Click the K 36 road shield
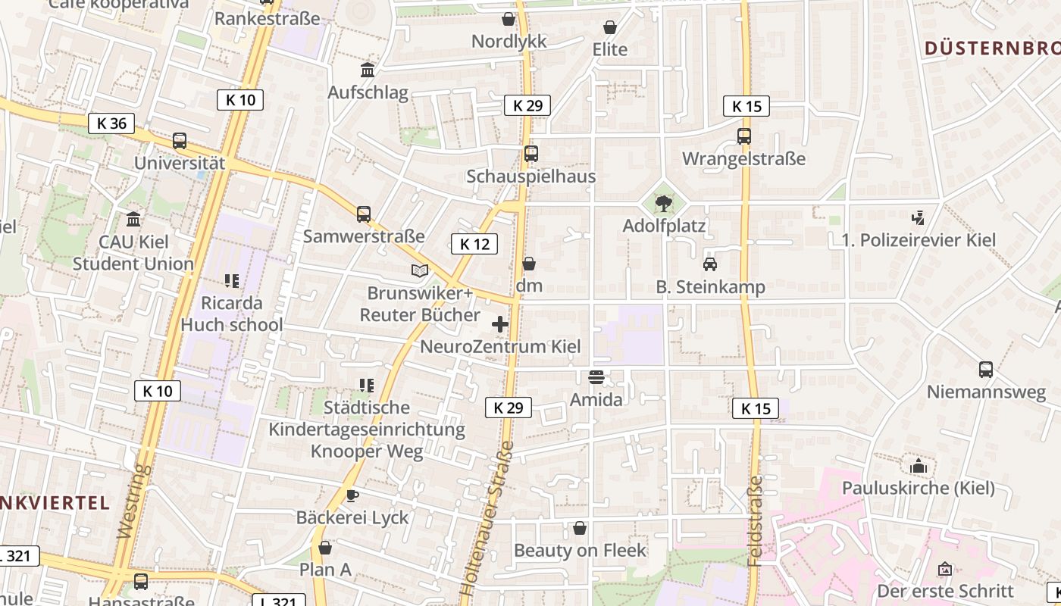click(111, 123)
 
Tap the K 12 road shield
click(474, 243)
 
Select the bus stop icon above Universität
click(180, 141)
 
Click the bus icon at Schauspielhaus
click(531, 154)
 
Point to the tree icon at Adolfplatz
click(664, 203)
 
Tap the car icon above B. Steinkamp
click(710, 264)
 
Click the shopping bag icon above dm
click(529, 264)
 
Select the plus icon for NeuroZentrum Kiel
click(500, 324)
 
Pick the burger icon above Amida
click(596, 377)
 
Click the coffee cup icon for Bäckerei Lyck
click(352, 495)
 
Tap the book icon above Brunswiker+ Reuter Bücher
click(420, 270)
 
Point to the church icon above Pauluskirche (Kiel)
click(919, 465)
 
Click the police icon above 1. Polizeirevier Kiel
click(919, 218)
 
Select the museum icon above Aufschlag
click(368, 70)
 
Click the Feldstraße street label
click(755, 520)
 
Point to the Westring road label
click(135, 502)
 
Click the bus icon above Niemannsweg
click(986, 370)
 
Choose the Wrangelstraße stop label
click(743, 159)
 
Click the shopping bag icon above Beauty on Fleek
click(580, 528)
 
